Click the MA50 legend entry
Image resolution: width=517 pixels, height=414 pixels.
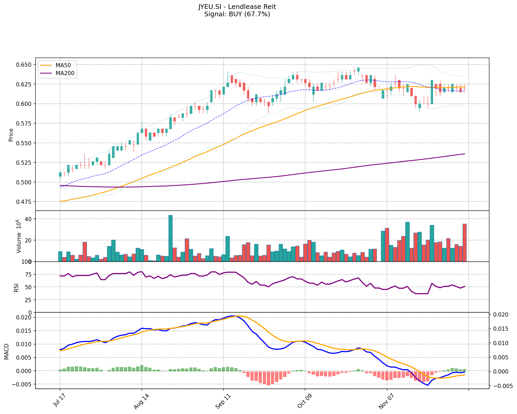[63, 65]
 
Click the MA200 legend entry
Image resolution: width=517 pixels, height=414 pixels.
[65, 73]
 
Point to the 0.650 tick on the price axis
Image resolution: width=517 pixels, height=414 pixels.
[24, 65]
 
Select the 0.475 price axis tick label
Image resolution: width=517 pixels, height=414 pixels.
[24, 202]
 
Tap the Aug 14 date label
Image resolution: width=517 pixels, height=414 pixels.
[140, 402]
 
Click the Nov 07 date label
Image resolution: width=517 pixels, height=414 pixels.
[385, 402]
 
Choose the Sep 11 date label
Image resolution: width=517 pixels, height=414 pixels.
[221, 402]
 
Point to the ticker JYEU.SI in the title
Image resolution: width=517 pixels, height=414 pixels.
[210, 7]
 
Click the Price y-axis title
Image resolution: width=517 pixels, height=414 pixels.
[11, 135]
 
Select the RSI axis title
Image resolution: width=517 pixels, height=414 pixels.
[16, 287]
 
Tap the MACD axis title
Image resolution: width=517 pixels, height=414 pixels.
[7, 351]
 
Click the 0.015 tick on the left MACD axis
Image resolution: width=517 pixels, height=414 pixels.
[24, 331]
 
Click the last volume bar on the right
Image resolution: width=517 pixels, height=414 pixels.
[464, 242]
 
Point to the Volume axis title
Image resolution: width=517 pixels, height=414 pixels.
[19, 236]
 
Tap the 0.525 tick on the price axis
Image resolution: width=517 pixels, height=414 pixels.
[24, 163]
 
